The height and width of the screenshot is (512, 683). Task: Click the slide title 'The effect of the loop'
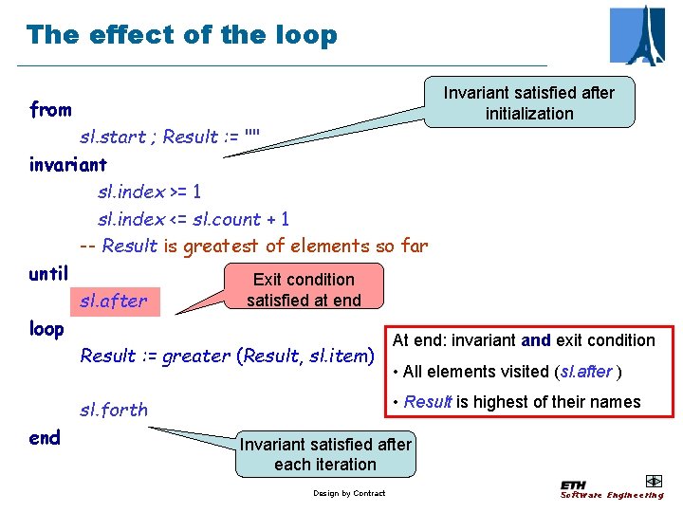181,35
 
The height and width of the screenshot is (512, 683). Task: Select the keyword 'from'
50,110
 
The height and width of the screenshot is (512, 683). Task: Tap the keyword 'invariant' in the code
68,165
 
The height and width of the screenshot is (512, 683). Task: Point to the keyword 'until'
48,274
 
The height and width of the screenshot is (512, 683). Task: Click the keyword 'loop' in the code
46,329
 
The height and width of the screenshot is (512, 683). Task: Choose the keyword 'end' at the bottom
45,437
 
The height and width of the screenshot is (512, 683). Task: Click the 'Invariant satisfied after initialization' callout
528,103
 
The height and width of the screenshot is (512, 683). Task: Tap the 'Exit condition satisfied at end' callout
304,289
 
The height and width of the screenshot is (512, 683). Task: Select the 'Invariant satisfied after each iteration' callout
325,454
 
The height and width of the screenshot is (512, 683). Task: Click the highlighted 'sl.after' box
114,302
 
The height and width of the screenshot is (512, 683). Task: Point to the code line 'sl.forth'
114,410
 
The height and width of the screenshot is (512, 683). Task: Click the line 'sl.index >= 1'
149,192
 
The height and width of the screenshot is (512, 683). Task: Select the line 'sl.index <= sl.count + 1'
194,219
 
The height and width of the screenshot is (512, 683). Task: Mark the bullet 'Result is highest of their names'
522,402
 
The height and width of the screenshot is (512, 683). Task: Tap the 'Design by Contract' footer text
349,493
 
